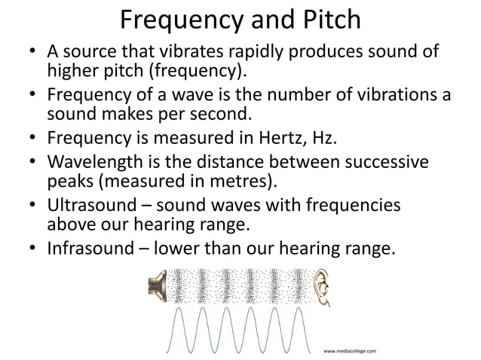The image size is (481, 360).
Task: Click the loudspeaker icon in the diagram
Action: (x=157, y=287)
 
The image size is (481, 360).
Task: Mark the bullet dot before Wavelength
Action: (x=32, y=163)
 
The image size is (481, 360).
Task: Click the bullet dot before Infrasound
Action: (x=32, y=249)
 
